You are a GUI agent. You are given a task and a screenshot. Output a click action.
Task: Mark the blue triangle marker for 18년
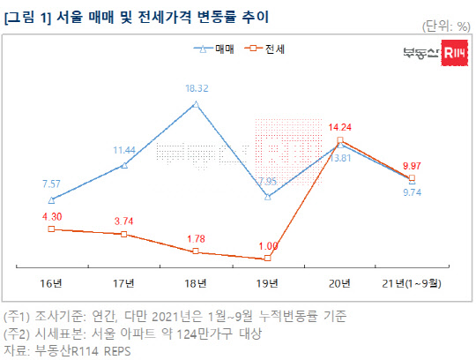pos(196,104)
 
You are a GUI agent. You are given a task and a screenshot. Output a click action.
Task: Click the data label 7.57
pos(51,184)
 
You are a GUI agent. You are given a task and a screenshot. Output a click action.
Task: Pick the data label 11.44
pos(123,150)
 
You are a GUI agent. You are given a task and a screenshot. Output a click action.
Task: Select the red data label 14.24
pos(340,126)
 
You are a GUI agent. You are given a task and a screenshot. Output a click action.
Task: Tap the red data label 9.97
pos(413,165)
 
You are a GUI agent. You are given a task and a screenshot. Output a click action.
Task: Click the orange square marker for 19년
pos(268,259)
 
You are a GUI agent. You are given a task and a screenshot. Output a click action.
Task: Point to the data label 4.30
pos(51,215)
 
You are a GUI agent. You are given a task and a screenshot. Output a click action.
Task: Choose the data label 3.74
pos(123,221)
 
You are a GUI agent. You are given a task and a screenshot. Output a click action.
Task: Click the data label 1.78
pos(196,238)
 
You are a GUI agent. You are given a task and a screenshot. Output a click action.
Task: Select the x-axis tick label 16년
pos(51,282)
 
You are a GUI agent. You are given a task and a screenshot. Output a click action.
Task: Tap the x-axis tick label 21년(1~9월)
pos(413,282)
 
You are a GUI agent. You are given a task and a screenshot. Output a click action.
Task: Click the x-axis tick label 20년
pos(340,282)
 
